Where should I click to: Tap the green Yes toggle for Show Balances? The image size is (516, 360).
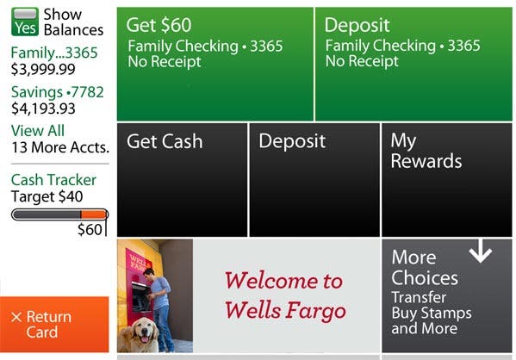pyautogui.click(x=25, y=22)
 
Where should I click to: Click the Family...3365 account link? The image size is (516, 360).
pyautogui.click(x=54, y=53)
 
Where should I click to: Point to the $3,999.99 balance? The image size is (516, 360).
pyautogui.click(x=43, y=69)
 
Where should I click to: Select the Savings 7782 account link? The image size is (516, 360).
pyautogui.click(x=57, y=92)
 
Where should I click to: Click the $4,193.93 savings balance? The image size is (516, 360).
pyautogui.click(x=43, y=109)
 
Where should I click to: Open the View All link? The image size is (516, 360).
pyautogui.click(x=38, y=131)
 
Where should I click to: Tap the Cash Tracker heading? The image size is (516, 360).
pyautogui.click(x=53, y=180)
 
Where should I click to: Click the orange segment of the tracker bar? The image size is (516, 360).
pyautogui.click(x=94, y=215)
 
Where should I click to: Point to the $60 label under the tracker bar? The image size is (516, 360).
pyautogui.click(x=90, y=229)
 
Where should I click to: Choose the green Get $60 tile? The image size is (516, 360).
pyautogui.click(x=215, y=65)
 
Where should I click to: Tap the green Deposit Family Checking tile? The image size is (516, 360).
pyautogui.click(x=413, y=65)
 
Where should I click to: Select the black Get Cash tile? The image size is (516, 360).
pyautogui.click(x=182, y=180)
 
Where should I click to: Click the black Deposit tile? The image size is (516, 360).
pyautogui.click(x=314, y=180)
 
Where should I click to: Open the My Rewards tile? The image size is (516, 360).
pyautogui.click(x=447, y=180)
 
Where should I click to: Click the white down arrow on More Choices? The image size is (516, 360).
pyautogui.click(x=481, y=251)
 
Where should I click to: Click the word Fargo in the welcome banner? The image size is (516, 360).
pyautogui.click(x=316, y=311)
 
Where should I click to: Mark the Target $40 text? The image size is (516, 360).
pyautogui.click(x=47, y=196)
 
